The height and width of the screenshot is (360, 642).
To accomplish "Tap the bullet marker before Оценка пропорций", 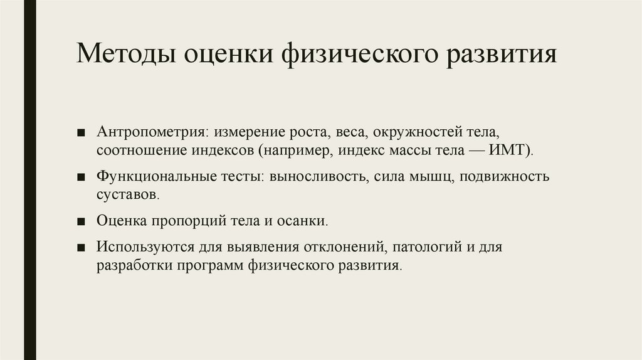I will coord(82,222).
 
